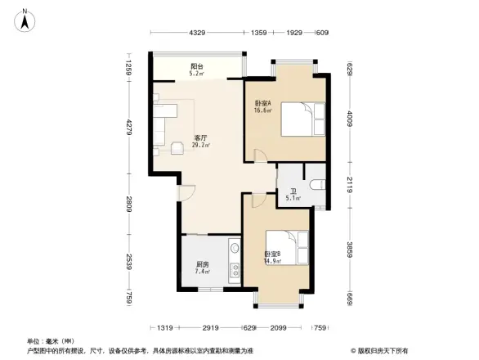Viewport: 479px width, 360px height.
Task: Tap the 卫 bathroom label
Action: (x=292, y=194)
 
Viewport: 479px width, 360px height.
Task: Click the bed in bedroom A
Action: (x=300, y=120)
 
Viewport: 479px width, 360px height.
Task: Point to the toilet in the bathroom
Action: (x=317, y=183)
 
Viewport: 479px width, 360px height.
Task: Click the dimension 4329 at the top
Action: (x=197, y=33)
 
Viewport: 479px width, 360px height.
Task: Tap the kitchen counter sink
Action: (x=235, y=248)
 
